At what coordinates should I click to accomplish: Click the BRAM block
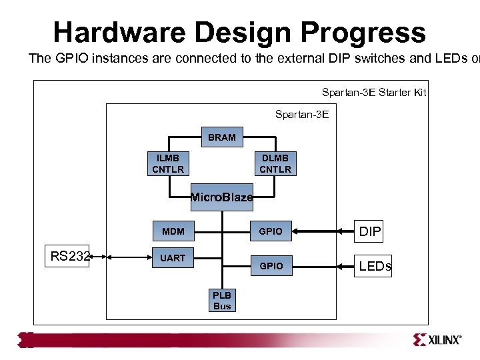[x=221, y=137]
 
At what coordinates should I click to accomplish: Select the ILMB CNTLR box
[x=167, y=163]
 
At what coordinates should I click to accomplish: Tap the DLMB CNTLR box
[x=275, y=163]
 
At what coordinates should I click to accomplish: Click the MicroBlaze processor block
[x=222, y=197]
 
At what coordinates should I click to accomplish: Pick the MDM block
[x=173, y=231]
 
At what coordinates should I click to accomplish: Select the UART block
[x=173, y=258]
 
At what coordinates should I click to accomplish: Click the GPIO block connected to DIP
[x=271, y=231]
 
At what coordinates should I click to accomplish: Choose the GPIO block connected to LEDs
[x=271, y=266]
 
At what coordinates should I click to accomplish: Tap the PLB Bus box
[x=222, y=301]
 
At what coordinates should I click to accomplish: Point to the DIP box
[x=371, y=231]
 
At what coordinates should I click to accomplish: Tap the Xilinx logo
[x=437, y=339]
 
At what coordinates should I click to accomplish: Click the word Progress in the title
[x=363, y=32]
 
